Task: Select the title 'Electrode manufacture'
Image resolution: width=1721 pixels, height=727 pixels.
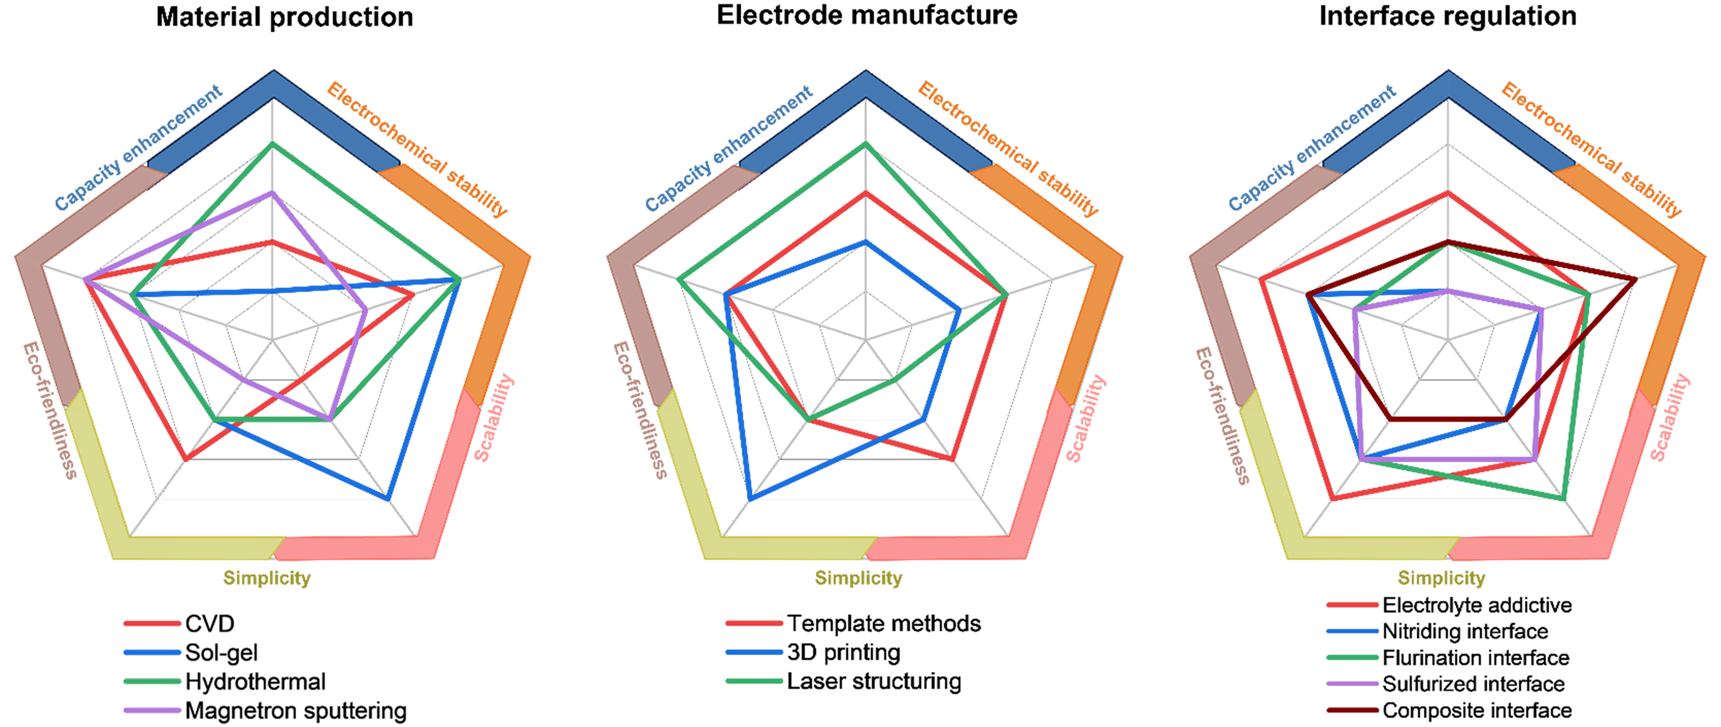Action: pos(867,16)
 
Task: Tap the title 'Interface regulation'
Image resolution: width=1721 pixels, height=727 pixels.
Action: pos(1448,16)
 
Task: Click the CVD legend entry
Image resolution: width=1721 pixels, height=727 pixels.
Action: pos(209,624)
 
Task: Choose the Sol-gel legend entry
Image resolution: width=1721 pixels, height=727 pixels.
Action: pos(221,653)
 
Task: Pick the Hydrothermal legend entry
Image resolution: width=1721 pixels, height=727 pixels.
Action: pos(255,681)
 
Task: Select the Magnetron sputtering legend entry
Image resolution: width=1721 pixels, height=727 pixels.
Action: pos(295,710)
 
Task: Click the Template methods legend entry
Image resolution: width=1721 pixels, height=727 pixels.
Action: pos(883,623)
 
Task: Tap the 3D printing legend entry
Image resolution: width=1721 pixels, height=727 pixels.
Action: pos(843,652)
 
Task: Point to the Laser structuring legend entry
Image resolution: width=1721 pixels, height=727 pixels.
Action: pos(874,681)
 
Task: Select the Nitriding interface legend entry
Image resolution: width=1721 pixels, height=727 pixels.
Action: pos(1465,631)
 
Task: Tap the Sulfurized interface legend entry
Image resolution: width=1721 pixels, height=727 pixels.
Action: pos(1473,684)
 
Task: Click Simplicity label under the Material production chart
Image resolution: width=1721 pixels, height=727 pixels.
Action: pos(267,578)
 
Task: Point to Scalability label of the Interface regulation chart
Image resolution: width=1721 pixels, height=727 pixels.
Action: pos(1670,417)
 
